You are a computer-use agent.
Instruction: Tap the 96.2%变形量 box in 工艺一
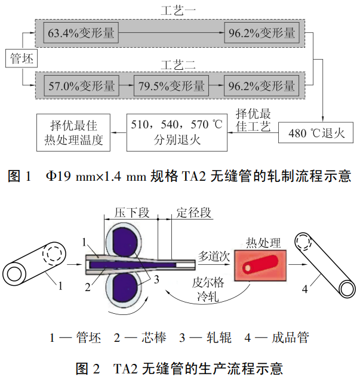261,33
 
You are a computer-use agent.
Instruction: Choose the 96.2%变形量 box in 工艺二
261,85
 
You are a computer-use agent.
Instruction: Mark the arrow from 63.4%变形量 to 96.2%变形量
171,33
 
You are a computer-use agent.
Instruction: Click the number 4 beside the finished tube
305,289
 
